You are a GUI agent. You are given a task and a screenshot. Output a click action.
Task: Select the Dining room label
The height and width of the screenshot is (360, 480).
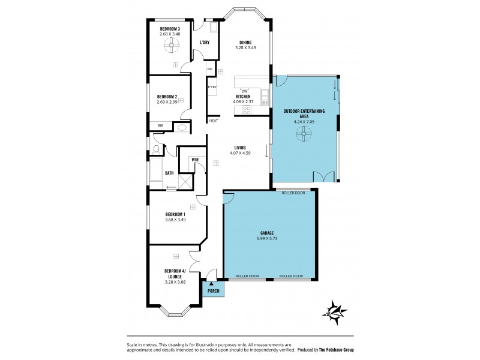coord(245,42)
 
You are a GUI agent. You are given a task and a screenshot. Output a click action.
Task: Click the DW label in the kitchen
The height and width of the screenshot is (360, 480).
coord(244,91)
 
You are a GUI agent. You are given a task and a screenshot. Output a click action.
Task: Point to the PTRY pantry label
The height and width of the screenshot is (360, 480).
coord(212,87)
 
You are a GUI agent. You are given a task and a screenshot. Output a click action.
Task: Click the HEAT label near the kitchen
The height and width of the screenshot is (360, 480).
coord(214,121)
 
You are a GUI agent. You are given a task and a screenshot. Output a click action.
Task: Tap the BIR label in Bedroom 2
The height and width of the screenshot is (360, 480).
coord(160,125)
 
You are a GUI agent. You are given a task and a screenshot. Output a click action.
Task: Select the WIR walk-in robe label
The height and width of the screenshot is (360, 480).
coord(195,159)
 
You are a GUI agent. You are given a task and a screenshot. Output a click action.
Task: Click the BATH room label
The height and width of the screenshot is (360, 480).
coord(169,173)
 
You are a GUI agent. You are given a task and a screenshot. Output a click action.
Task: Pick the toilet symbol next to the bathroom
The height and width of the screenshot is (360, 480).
coord(157,148)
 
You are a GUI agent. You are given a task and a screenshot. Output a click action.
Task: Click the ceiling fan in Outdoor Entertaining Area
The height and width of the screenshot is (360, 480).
coord(304,136)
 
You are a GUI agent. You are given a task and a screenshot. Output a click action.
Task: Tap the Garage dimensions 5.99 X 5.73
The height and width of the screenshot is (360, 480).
coord(268,237)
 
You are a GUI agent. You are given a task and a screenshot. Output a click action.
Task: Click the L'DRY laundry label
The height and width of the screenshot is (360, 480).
coord(205,42)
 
